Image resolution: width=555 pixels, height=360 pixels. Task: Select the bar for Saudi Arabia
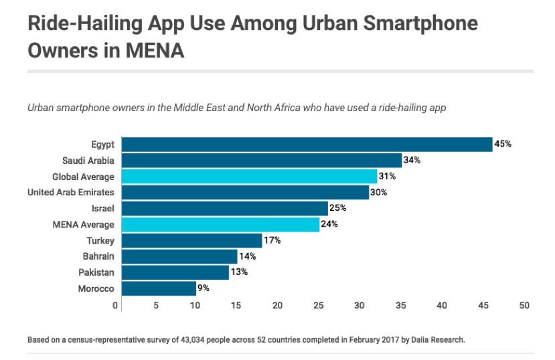point(261,160)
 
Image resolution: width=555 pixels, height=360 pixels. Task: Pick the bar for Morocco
point(158,288)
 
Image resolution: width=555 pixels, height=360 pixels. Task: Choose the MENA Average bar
point(220,224)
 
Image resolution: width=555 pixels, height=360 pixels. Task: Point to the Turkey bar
point(191,240)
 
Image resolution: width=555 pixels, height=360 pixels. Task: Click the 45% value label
point(503,144)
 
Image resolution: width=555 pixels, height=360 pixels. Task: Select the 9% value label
point(204,288)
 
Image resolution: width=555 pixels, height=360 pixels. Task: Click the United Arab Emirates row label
point(71,193)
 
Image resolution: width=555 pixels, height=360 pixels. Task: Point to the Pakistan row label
point(96,273)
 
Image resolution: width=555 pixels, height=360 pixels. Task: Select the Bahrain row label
point(98,257)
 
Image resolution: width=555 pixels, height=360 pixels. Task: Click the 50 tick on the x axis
point(524,306)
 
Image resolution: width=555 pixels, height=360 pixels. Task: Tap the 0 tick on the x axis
point(116,306)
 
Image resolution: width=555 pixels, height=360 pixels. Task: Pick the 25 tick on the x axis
point(319,306)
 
